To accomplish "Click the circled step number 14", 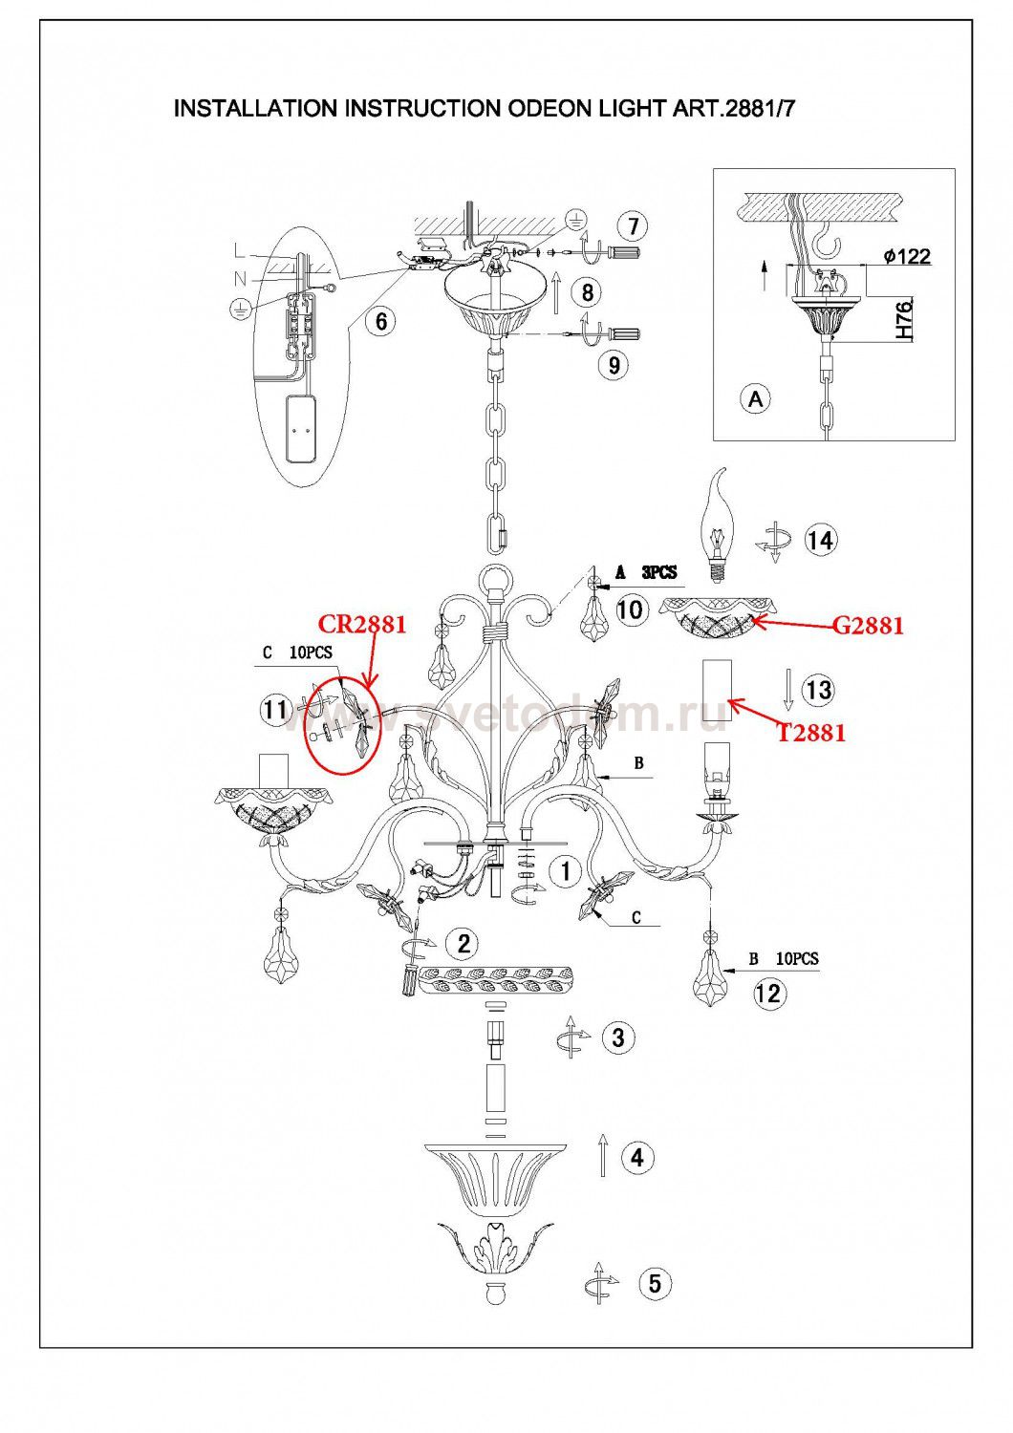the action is coord(820,541).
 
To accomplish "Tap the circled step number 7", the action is coord(633,226).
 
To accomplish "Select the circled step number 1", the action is coord(565,870).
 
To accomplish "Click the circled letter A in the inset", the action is coord(756,399).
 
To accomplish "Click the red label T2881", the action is coord(811,733).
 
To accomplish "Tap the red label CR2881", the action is coord(362,624).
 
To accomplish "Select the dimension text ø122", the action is coord(907,257).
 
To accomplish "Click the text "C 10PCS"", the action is coord(297,653).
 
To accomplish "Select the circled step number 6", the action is coord(380,320).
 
